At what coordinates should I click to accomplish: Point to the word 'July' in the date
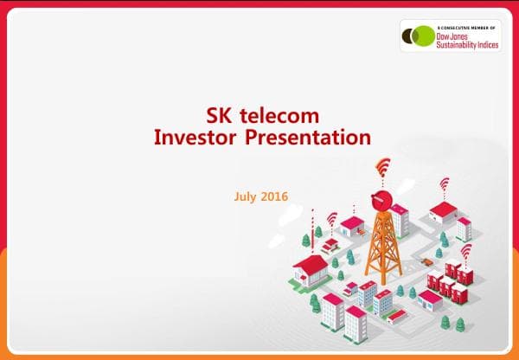(247, 196)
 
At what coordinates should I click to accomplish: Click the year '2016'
(275, 196)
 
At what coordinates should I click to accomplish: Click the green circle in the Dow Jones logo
(424, 36)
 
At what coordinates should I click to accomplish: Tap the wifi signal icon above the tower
(382, 166)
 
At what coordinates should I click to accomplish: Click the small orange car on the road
(426, 258)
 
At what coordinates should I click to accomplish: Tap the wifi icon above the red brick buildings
(466, 251)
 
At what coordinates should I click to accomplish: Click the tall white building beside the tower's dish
(399, 220)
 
